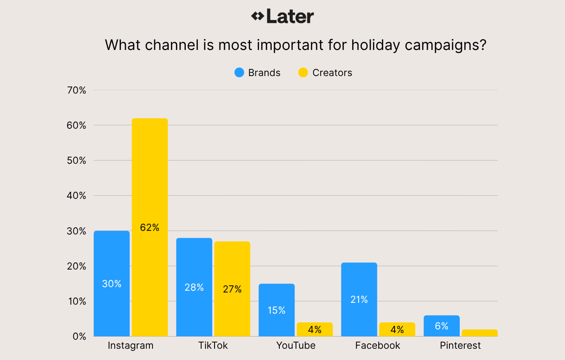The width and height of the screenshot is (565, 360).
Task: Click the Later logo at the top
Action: [282, 17]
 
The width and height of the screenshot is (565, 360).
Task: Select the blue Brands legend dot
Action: [239, 72]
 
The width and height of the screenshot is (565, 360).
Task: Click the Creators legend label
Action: [332, 73]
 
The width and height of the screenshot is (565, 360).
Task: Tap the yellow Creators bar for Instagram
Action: [150, 180]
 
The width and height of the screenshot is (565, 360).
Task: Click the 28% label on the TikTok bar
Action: [194, 287]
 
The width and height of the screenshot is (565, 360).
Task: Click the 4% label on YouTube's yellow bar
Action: [315, 330]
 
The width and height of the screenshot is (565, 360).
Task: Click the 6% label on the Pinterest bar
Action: [442, 326]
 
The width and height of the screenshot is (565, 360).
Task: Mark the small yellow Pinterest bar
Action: [480, 333]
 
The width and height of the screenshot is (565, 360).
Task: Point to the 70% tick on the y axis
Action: [76, 90]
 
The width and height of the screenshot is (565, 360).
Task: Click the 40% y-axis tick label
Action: [76, 196]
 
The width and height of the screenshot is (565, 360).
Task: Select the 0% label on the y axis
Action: [79, 337]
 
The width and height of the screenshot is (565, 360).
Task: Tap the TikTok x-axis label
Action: [213, 346]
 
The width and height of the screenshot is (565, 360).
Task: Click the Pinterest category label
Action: [460, 346]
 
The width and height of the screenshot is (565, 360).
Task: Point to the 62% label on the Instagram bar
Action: [150, 228]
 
